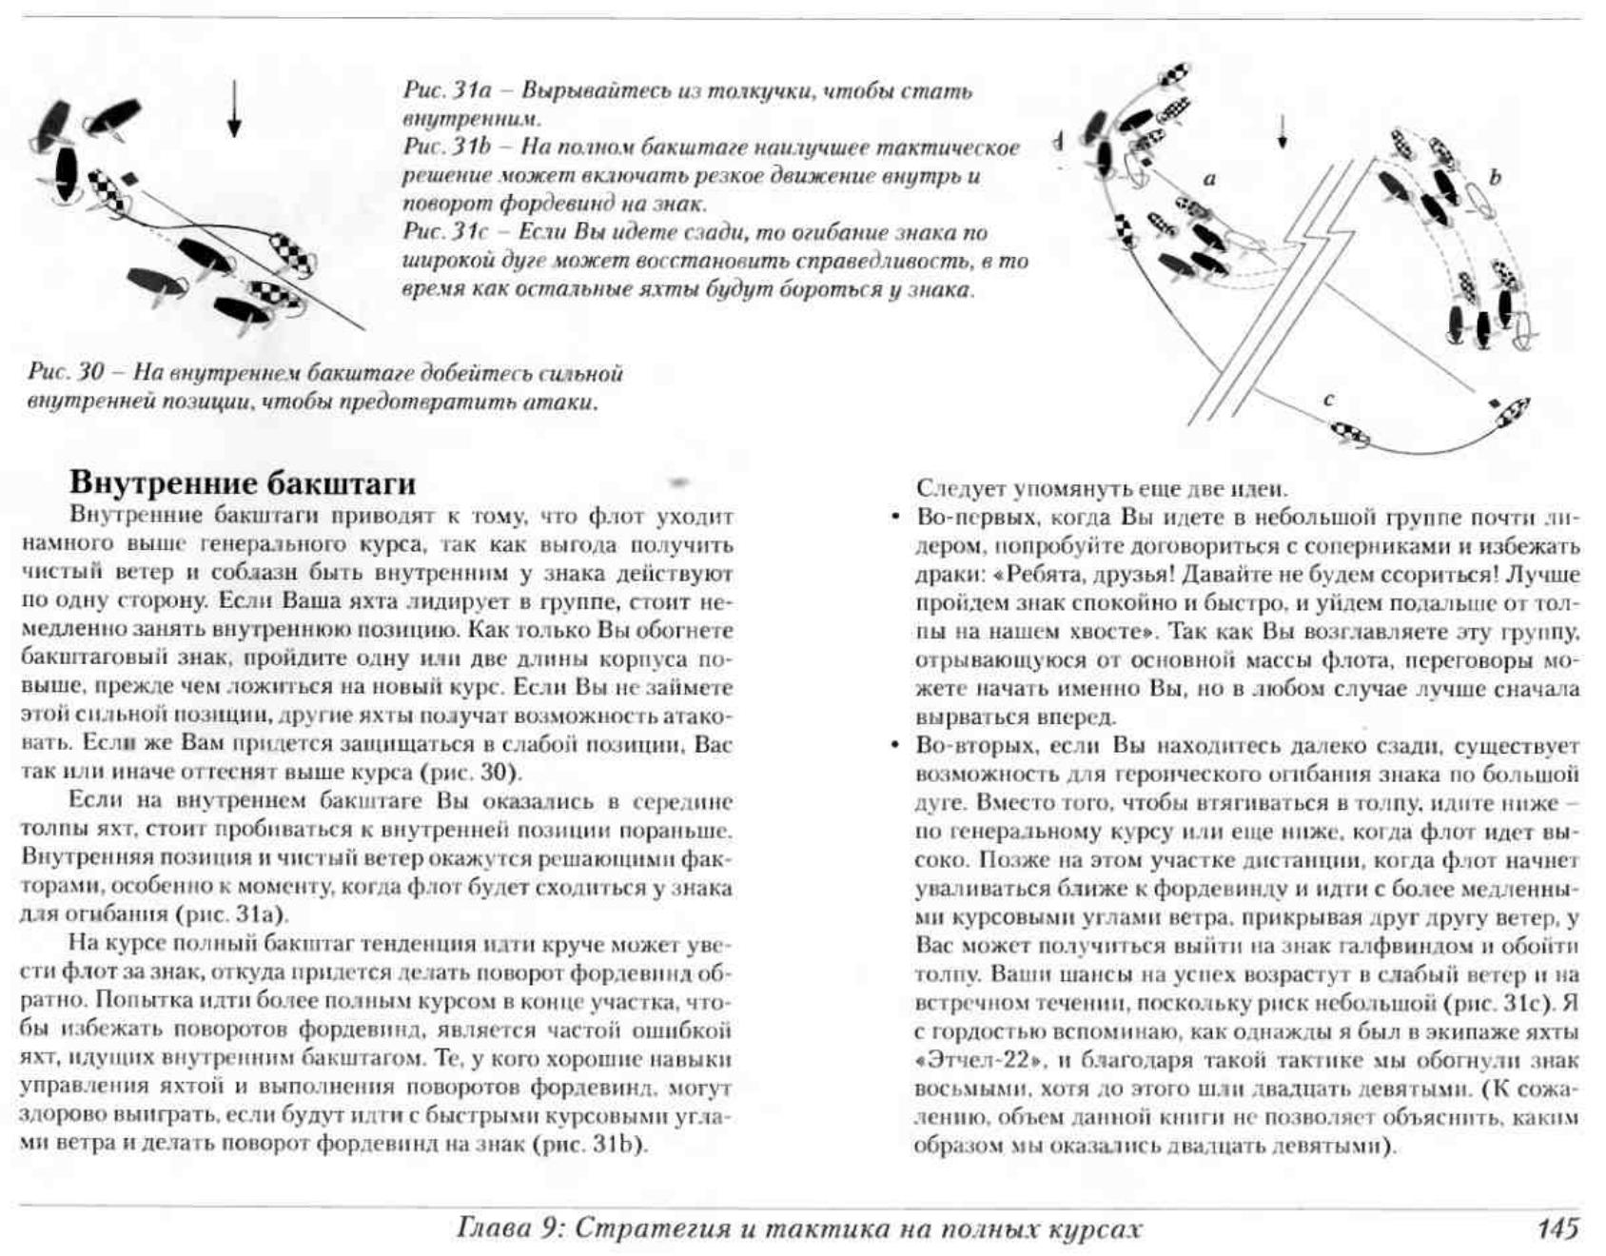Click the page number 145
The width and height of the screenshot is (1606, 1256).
click(1557, 1228)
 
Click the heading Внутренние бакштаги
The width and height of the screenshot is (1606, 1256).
click(243, 482)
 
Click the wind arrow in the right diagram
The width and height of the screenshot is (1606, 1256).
click(1283, 130)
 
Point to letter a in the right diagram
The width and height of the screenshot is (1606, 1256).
click(1210, 178)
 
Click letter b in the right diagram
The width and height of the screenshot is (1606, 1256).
click(1495, 177)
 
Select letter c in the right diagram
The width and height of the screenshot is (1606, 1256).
click(1328, 400)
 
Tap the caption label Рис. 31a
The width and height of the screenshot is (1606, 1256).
click(447, 91)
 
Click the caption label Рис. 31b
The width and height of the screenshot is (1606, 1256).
click(447, 147)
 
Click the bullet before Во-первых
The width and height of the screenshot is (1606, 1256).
click(894, 517)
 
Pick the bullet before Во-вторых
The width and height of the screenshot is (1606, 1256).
click(894, 745)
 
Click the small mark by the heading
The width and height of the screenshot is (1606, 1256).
click(680, 482)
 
